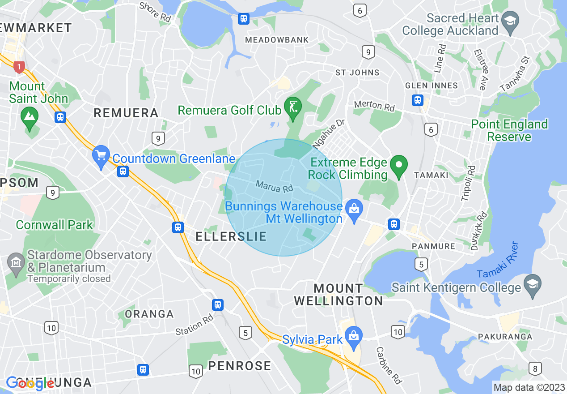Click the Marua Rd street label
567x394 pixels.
pos(274,186)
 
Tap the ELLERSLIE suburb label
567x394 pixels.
pos(231,236)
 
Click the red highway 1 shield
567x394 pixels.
pos(19,67)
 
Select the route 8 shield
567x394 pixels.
pos(535,368)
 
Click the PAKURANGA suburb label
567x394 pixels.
pos(505,337)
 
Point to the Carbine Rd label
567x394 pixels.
pos(387,365)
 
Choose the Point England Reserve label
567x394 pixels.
pos(509,130)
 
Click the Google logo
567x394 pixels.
pos(30,383)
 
